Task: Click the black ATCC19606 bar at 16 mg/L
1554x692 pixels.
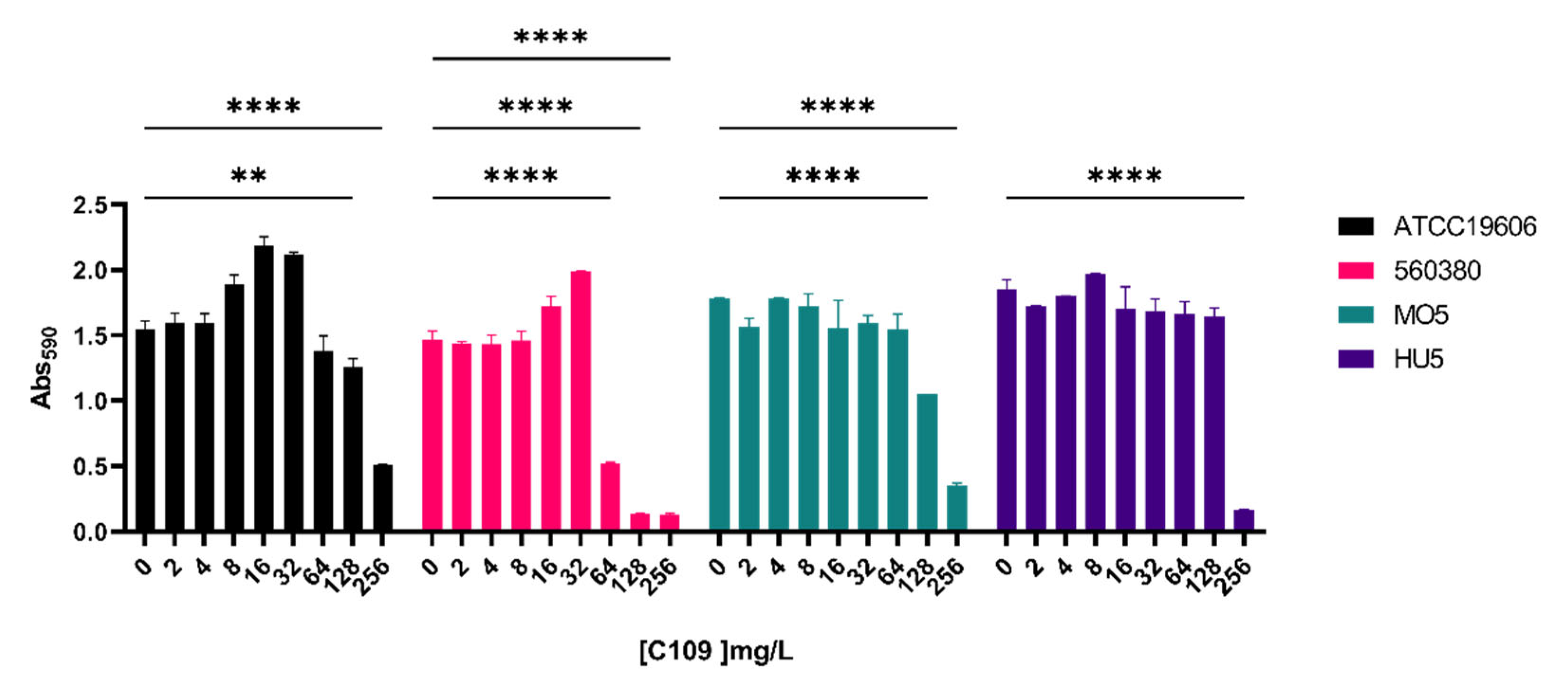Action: [x=264, y=389]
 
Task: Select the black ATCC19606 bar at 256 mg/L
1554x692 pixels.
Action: [x=382, y=498]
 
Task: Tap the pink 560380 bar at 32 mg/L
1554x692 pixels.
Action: [x=580, y=401]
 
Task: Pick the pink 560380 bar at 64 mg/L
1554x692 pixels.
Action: [x=610, y=497]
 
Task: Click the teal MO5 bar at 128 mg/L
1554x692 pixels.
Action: [x=927, y=462]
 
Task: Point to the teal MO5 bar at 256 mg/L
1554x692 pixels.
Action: [x=957, y=508]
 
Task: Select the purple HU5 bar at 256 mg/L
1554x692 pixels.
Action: [x=1244, y=520]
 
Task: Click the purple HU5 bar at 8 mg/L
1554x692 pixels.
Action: [x=1095, y=402]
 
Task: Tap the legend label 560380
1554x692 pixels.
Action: [x=1437, y=271]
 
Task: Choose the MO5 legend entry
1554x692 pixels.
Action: [x=1420, y=315]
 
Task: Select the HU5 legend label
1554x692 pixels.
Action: [x=1418, y=359]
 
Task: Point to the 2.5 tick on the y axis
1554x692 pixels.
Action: [x=91, y=206]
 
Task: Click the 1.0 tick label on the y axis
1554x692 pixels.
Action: [x=91, y=401]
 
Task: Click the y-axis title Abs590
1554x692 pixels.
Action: [x=44, y=368]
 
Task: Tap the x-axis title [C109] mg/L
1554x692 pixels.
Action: [x=716, y=651]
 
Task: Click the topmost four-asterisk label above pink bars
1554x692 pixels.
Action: [x=550, y=38]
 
